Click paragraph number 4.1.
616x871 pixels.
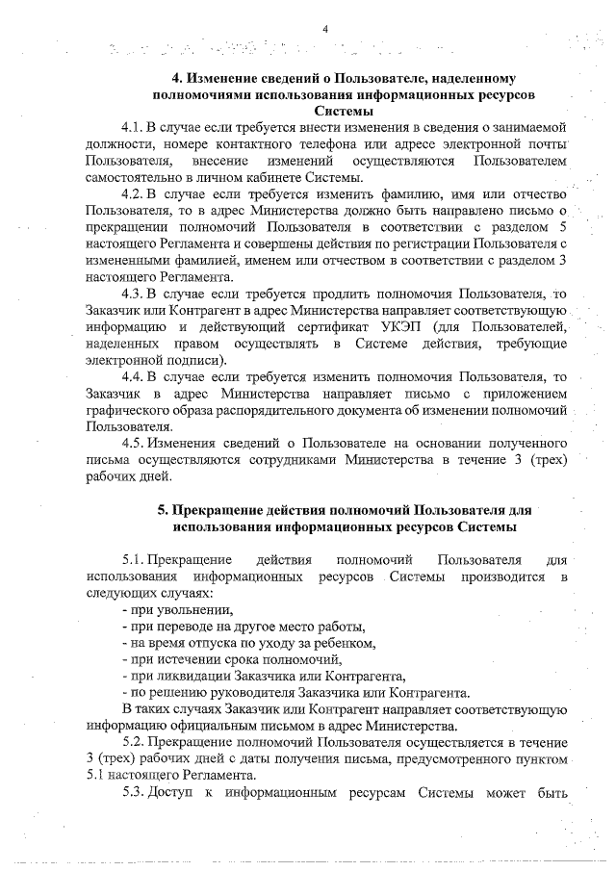point(132,127)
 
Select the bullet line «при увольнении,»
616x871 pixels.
point(178,609)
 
